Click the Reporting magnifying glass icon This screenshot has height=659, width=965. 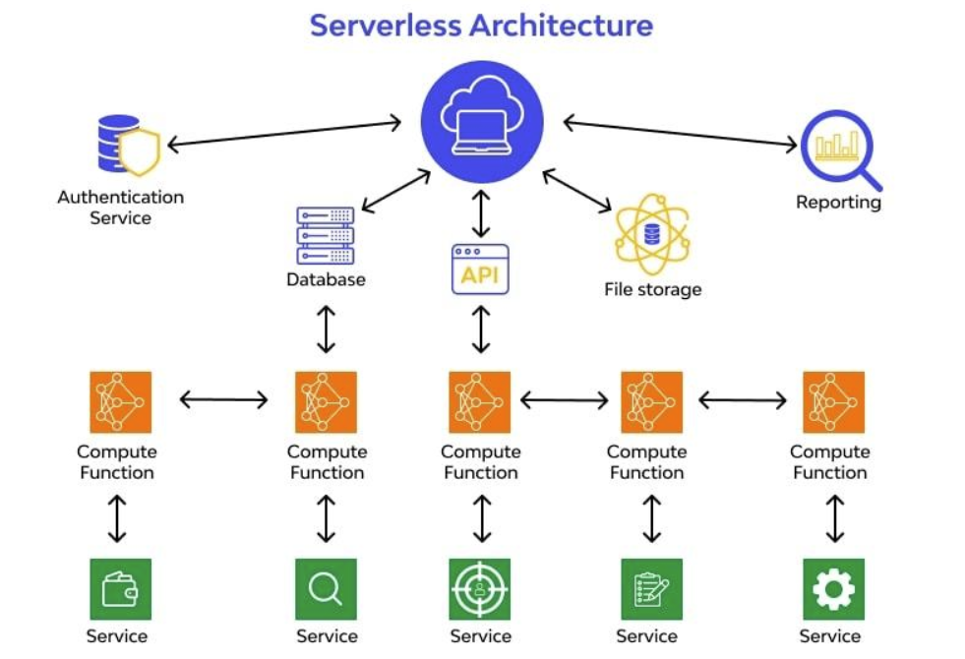tap(839, 149)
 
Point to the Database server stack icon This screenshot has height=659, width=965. tap(326, 235)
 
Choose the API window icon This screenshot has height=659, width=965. tap(480, 269)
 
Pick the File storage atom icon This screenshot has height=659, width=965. tap(652, 234)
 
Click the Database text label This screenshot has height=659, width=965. tap(326, 279)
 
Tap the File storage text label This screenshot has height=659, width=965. tap(652, 289)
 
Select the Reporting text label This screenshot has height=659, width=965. tap(838, 203)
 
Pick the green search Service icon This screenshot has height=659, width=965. tap(326, 588)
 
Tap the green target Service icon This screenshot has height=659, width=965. tap(480, 588)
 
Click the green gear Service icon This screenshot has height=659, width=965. tap(833, 588)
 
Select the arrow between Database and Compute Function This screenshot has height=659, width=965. tap(326, 329)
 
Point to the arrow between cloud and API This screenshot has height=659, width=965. tap(480, 215)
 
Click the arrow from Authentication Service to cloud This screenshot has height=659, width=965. tap(285, 134)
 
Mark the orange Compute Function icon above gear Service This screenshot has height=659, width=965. tap(833, 401)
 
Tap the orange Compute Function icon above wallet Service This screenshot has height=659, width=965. tap(120, 401)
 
